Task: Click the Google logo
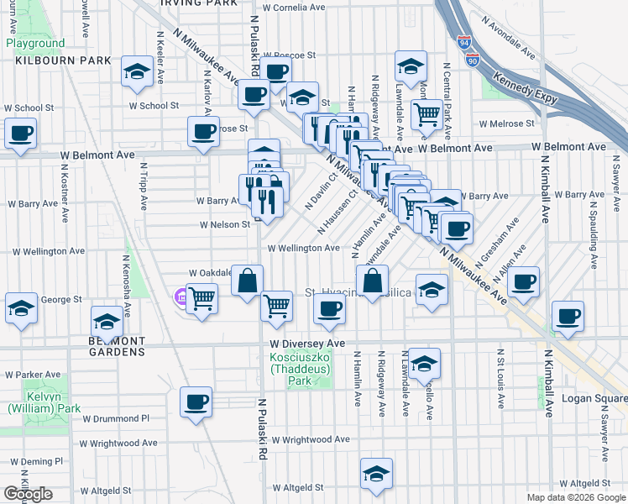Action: click(28, 494)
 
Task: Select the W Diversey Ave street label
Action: click(307, 344)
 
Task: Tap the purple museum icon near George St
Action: click(181, 297)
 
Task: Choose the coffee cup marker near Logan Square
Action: click(568, 316)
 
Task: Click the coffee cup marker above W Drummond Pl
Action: click(196, 402)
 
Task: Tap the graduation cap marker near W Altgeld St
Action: click(376, 473)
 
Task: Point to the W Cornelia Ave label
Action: click(293, 7)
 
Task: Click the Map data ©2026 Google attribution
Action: click(575, 497)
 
